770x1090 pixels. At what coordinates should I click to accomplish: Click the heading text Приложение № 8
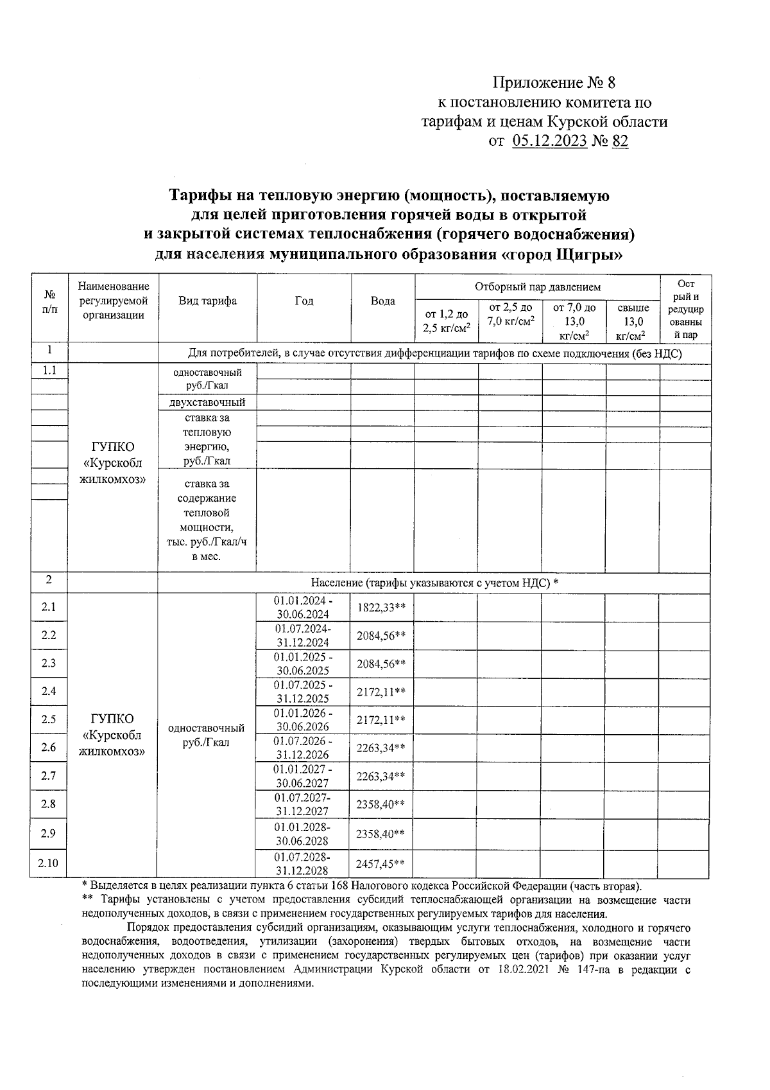(x=553, y=83)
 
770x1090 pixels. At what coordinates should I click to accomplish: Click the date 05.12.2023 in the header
(x=550, y=141)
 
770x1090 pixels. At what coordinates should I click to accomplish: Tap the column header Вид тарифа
(x=207, y=301)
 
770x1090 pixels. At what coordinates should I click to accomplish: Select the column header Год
(x=304, y=301)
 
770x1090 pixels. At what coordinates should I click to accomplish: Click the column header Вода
(x=382, y=301)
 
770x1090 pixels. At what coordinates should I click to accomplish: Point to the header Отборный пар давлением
(x=537, y=287)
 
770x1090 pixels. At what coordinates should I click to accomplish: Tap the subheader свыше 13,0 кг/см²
(x=633, y=321)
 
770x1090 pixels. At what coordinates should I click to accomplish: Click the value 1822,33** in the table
(x=381, y=608)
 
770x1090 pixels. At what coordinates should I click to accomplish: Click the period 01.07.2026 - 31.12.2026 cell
(x=302, y=748)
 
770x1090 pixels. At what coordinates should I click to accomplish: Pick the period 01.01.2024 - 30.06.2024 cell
(x=302, y=608)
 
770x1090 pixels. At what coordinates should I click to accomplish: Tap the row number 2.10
(x=48, y=863)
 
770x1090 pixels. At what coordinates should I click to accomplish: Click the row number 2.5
(x=48, y=719)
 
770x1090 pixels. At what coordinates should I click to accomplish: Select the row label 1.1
(x=49, y=371)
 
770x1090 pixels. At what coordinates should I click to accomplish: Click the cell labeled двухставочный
(x=207, y=403)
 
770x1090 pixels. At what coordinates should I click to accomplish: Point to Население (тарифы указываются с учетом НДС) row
(x=434, y=583)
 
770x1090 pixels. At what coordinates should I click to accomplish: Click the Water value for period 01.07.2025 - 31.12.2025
(x=381, y=692)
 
